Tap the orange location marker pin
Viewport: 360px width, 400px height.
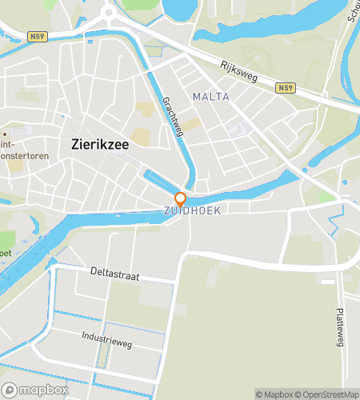181,199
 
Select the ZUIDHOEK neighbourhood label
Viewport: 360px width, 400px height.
191,210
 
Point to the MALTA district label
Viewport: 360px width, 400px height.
210,97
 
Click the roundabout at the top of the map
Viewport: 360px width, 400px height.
110,13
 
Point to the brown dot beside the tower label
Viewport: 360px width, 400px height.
4,134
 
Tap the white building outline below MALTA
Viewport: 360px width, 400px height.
238,128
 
